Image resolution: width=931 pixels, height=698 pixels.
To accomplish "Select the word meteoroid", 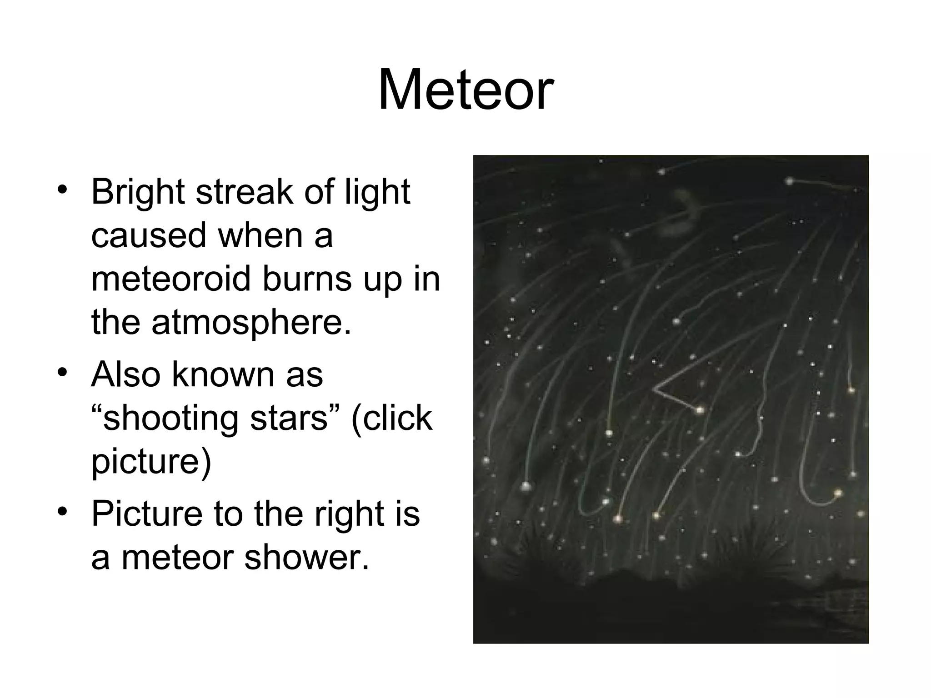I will (x=170, y=279).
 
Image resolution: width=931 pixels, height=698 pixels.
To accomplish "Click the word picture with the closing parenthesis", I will (x=151, y=462).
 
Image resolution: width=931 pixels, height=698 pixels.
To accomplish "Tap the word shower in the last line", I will (x=306, y=558).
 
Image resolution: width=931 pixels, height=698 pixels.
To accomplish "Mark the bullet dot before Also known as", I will (x=63, y=373).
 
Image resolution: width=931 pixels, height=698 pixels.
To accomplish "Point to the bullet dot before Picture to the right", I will (x=63, y=512).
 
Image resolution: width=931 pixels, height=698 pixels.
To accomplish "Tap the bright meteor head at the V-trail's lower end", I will (x=699, y=410).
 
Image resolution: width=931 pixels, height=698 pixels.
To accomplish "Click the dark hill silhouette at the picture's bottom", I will (x=636, y=604).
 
